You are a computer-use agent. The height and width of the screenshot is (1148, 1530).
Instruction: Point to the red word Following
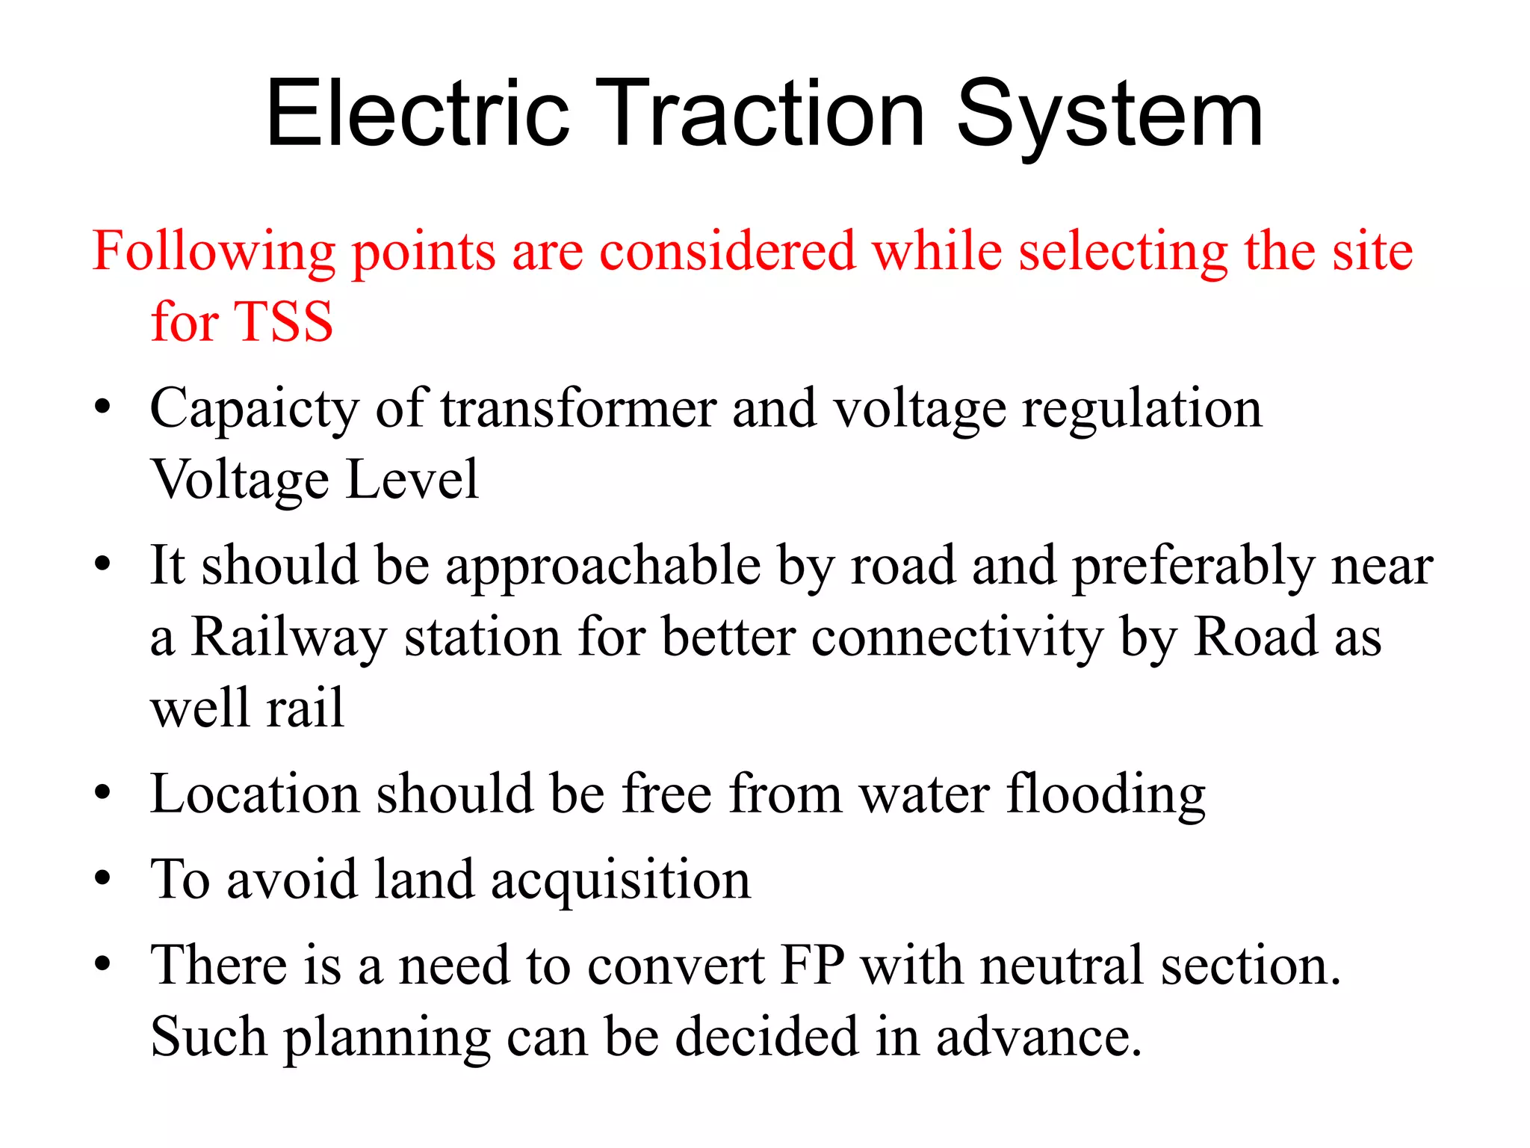click(214, 252)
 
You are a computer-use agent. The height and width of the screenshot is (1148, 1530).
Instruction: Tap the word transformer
click(578, 409)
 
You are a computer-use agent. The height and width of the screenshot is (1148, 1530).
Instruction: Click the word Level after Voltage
click(412, 479)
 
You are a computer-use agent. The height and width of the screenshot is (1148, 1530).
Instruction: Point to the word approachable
click(603, 567)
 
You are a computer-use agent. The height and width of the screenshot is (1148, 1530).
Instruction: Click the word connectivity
click(957, 638)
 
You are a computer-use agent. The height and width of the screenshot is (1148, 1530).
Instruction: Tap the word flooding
click(1106, 794)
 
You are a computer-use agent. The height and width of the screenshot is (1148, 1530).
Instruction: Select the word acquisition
click(621, 880)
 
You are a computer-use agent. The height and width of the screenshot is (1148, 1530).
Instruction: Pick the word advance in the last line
click(1039, 1037)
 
